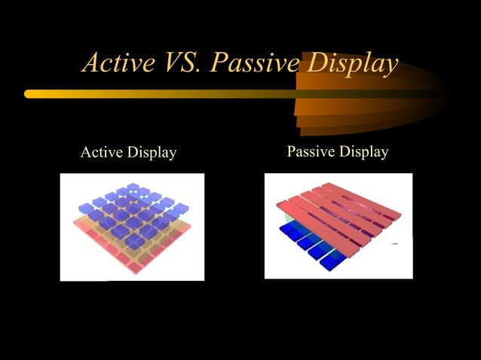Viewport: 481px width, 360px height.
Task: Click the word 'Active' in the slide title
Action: [115, 63]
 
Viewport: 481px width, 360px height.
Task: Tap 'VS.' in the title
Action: [180, 63]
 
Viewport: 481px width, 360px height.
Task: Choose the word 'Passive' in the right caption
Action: [311, 152]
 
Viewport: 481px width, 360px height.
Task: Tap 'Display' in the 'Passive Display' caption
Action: [363, 152]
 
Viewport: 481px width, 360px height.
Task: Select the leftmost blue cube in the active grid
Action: [86, 209]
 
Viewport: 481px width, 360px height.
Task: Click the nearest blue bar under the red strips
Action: [329, 263]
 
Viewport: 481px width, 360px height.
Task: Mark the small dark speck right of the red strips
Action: [394, 245]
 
